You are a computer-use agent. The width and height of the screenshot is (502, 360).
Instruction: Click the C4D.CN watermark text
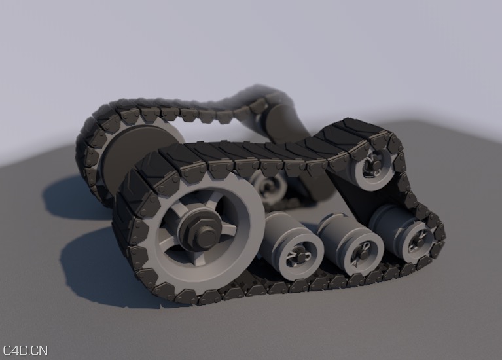tap(25, 351)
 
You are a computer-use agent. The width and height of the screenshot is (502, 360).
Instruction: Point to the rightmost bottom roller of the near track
tap(406, 234)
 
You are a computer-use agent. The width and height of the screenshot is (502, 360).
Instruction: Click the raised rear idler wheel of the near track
tap(372, 166)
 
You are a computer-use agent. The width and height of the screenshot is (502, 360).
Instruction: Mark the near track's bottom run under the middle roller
tap(347, 280)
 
